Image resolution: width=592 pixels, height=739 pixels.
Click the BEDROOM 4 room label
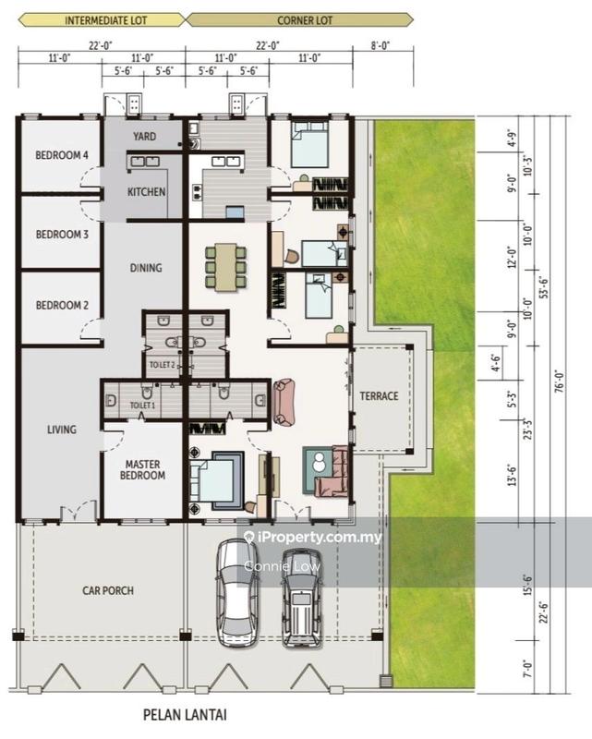click(62, 155)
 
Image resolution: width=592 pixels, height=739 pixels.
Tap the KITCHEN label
click(146, 192)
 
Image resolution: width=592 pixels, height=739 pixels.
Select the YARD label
click(144, 136)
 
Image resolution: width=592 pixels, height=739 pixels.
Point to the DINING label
click(146, 268)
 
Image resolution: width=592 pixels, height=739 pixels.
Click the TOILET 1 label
click(142, 406)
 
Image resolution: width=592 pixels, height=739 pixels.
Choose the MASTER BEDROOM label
click(142, 470)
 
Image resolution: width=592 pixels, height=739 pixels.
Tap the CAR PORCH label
click(108, 590)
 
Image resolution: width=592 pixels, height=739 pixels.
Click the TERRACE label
click(379, 396)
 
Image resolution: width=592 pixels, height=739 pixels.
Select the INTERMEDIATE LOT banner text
click(105, 20)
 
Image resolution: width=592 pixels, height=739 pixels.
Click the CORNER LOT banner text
click(305, 20)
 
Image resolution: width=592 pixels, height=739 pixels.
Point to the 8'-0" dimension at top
click(380, 45)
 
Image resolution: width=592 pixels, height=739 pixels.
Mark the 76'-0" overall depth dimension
click(560, 382)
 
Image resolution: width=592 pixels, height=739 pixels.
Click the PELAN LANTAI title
click(185, 715)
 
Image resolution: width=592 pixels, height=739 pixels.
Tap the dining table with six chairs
click(225, 267)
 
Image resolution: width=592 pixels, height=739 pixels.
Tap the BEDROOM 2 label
click(62, 306)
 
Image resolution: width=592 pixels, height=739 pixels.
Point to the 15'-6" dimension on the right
click(527, 585)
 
